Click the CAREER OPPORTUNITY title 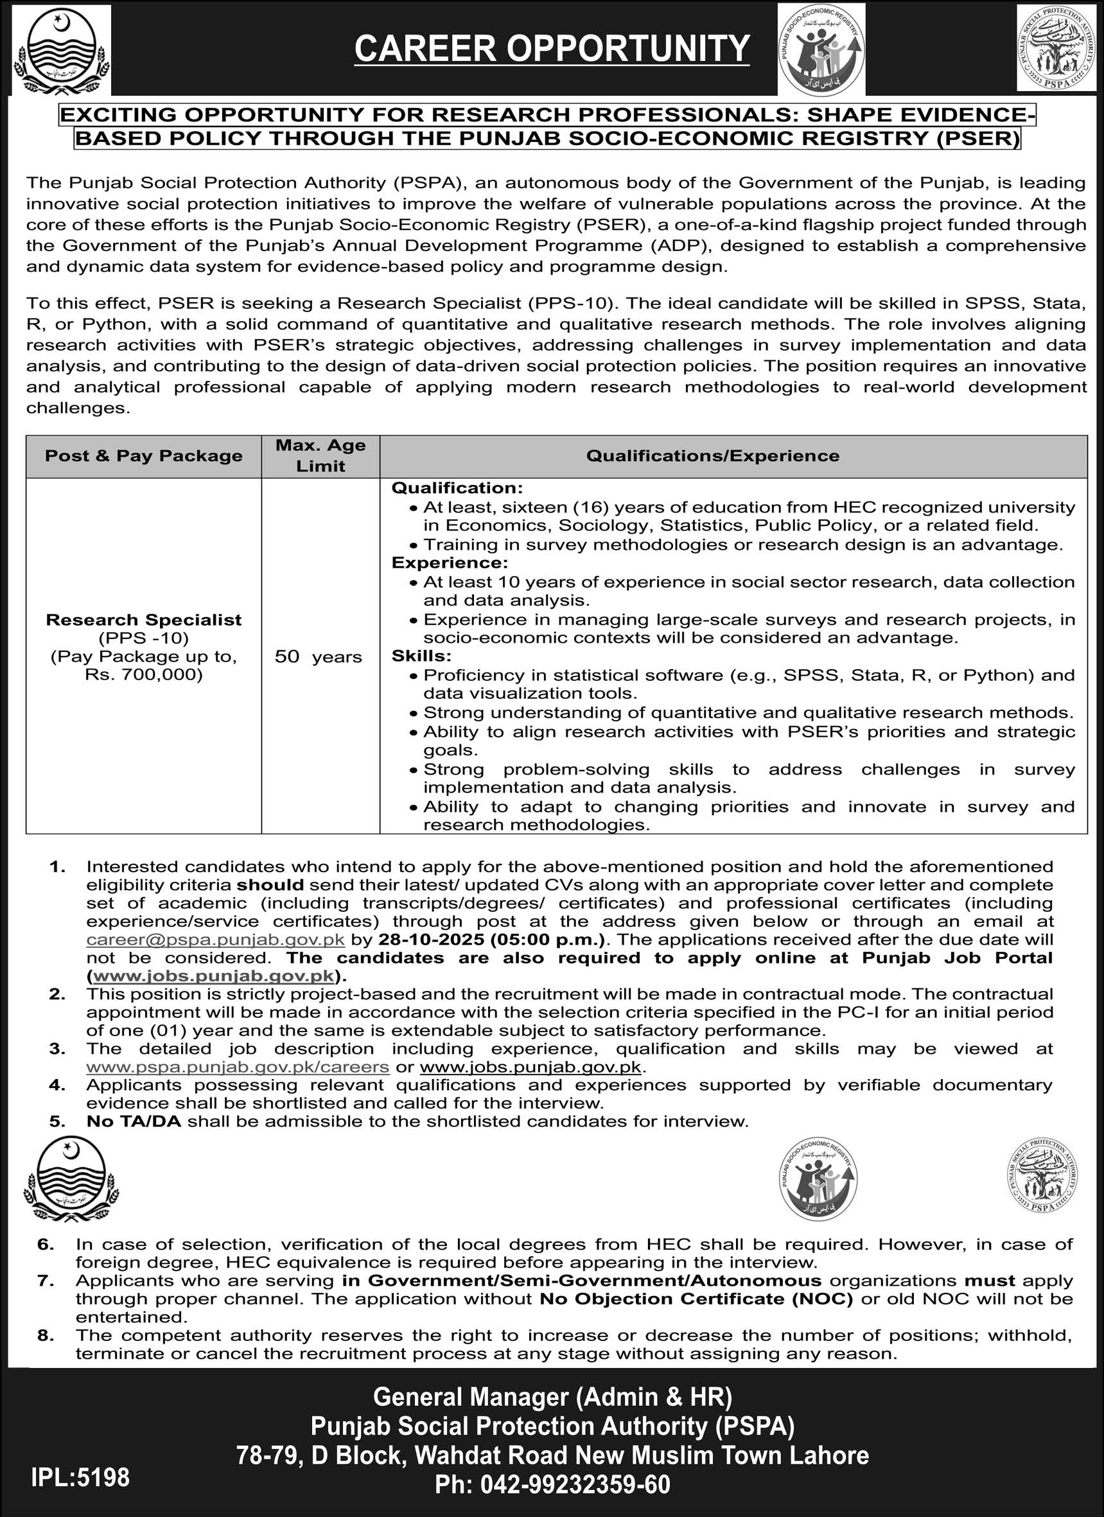click(x=552, y=48)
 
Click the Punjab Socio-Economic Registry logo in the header click(x=821, y=49)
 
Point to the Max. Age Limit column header click(x=320, y=455)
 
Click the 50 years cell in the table click(x=319, y=656)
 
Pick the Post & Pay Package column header click(x=143, y=455)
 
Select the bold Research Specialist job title click(x=143, y=619)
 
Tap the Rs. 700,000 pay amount click(x=143, y=674)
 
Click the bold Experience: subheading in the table click(x=450, y=563)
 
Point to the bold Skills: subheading click(x=421, y=656)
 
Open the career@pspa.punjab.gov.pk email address click(x=215, y=939)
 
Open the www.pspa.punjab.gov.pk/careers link click(x=238, y=1067)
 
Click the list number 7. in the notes click(x=46, y=1280)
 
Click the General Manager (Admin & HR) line click(x=552, y=1397)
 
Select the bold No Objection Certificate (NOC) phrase click(x=696, y=1298)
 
